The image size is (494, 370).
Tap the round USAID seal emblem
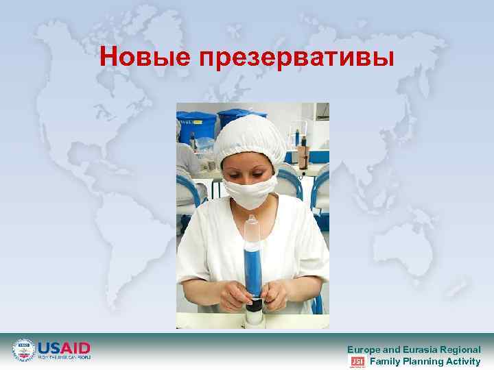pyautogui.click(x=24, y=350)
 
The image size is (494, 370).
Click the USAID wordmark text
pyautogui.click(x=64, y=347)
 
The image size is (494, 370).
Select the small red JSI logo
pyautogui.click(x=357, y=361)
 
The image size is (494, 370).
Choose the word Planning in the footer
pyautogui.click(x=425, y=361)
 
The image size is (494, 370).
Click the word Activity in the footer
pyautogui.click(x=464, y=361)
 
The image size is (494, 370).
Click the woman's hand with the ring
pyautogui.click(x=275, y=295)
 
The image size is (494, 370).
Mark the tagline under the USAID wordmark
pyautogui.click(x=64, y=357)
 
